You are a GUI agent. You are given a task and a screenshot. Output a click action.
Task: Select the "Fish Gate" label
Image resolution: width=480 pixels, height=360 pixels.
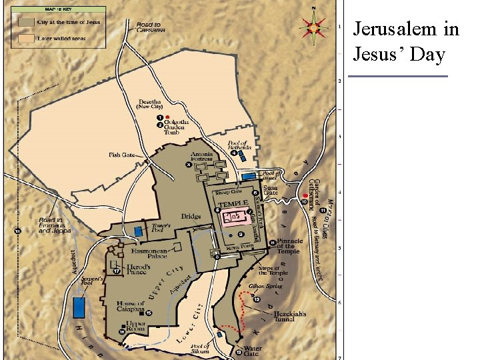tap(122, 155)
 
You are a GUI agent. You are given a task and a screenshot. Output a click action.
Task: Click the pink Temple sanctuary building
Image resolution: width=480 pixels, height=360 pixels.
tap(233, 217)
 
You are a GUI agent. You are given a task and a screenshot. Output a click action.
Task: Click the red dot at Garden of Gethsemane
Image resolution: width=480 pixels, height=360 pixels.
tap(305, 195)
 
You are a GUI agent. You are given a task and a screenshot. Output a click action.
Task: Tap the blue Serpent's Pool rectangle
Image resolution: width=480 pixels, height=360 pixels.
tap(79, 307)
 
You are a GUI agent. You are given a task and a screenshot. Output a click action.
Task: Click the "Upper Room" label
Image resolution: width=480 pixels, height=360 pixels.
tap(136, 327)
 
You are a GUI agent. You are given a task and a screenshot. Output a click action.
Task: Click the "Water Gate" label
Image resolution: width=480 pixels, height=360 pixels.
tap(253, 351)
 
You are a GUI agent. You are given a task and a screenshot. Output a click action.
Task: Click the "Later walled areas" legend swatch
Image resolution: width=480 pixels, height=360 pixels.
tap(26, 38)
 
